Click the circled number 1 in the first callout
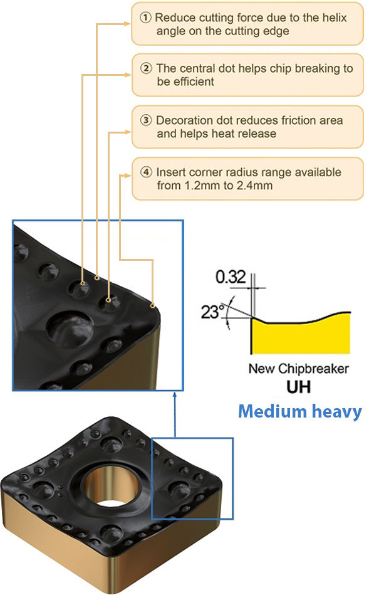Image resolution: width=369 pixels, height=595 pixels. coord(145,18)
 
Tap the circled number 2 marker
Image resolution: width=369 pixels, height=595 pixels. coord(146,68)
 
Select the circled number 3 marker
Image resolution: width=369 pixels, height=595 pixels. coord(146,120)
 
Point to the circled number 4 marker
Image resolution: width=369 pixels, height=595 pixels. coord(146,172)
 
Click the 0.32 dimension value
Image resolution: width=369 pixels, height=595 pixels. coord(231,277)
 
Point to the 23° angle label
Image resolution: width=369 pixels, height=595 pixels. coord(212,312)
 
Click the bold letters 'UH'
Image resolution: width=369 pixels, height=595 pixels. coord(298,387)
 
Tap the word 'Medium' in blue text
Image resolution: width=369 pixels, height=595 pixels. coord(273,411)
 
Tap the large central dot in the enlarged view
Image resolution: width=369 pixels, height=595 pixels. coord(70,329)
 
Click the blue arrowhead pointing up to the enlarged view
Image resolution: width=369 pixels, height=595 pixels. coord(175,395)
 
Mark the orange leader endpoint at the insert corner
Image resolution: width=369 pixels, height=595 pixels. coord(152,305)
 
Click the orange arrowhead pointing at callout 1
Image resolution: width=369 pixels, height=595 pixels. coord(127,24)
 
